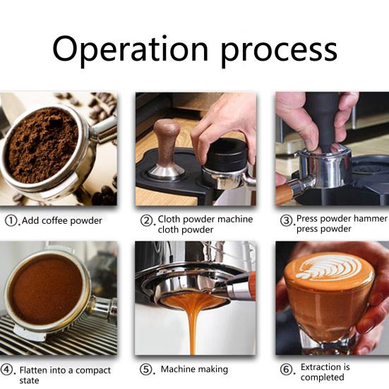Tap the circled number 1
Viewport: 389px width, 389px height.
click(x=12, y=220)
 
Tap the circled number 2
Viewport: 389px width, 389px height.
click(x=148, y=220)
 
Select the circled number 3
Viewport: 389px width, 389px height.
click(x=287, y=220)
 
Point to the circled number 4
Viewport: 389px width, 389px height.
click(x=8, y=369)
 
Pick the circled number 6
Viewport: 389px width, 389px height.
click(x=287, y=369)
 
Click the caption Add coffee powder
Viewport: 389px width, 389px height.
click(x=62, y=221)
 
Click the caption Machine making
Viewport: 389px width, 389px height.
click(x=194, y=369)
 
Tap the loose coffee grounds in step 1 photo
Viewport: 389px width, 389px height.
click(x=42, y=145)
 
